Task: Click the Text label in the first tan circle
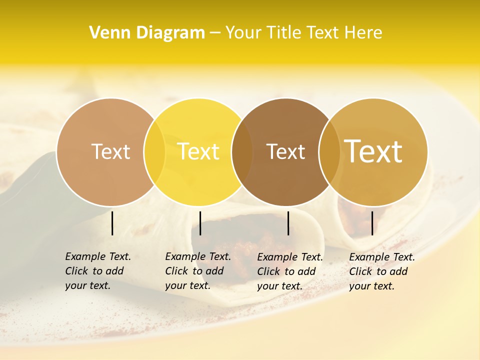click(110, 151)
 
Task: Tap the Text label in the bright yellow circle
click(198, 151)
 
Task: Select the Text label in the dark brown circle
click(285, 151)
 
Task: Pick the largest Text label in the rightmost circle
click(373, 151)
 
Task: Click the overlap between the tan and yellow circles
click(154, 152)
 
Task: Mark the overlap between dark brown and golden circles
click(329, 152)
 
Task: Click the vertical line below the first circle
click(112, 223)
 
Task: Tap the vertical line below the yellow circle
click(200, 223)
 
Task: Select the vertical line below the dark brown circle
click(288, 223)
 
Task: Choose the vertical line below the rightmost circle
click(372, 223)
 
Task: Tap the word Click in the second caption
click(176, 271)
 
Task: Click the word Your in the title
click(242, 32)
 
